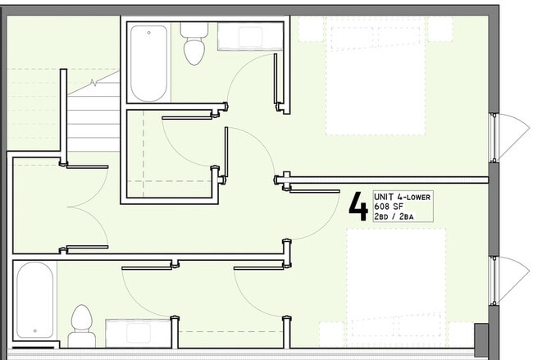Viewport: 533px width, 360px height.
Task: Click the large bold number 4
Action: [x=358, y=207]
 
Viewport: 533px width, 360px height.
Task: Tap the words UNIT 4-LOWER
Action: [x=402, y=197]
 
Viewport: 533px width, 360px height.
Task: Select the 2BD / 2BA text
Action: [x=394, y=216]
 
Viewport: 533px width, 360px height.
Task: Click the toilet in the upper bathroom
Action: [x=194, y=43]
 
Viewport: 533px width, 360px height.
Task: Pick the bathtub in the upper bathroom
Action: [x=149, y=63]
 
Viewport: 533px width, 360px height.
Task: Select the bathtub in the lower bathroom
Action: [x=34, y=300]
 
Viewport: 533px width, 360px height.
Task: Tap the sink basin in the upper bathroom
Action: [x=250, y=37]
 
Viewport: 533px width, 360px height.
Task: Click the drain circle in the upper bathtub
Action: [x=149, y=33]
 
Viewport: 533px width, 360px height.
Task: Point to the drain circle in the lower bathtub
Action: [x=34, y=330]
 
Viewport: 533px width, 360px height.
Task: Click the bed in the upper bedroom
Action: [x=376, y=76]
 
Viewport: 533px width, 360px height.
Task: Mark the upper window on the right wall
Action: [x=494, y=138]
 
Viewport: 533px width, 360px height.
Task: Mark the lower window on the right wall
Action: [x=494, y=280]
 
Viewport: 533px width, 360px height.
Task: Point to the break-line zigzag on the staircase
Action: [x=93, y=82]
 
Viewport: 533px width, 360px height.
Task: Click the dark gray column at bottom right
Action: [x=481, y=339]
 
